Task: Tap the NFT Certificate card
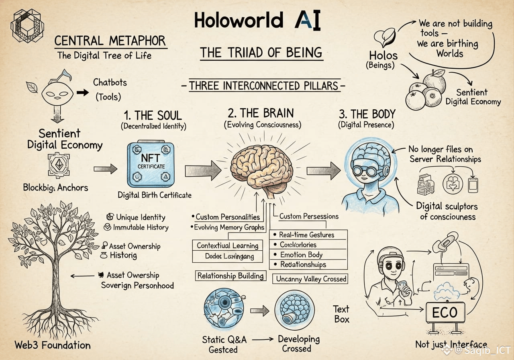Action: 151,165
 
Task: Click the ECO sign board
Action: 445,313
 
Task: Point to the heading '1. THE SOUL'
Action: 153,115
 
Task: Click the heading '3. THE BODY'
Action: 367,114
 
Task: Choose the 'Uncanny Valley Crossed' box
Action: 311,279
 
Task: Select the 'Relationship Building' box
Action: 230,276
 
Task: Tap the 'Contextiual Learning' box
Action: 227,245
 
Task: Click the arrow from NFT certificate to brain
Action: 203,171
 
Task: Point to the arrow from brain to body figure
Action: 323,171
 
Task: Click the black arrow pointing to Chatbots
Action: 83,92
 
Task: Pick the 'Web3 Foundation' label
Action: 53,345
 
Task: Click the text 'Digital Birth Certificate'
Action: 155,195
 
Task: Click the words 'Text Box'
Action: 341,314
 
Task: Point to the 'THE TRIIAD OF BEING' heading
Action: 261,52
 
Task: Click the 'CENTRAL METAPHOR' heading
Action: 110,41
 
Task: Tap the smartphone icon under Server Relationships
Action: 473,184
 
